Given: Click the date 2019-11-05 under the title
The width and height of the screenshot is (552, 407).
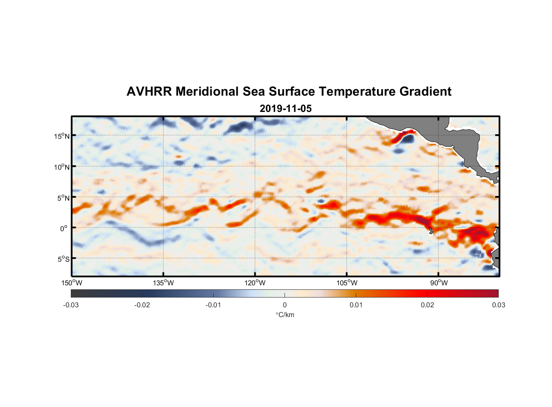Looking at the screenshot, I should point(285,109).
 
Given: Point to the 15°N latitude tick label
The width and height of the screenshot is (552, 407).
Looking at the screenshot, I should point(61,136).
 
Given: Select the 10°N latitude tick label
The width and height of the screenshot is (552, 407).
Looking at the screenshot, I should point(61,167).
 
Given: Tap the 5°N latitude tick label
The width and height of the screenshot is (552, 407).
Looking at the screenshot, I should point(63,198).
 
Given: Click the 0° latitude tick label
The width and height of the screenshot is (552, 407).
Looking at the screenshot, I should point(64,228).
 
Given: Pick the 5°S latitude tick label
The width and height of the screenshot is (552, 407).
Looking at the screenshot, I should point(63,259).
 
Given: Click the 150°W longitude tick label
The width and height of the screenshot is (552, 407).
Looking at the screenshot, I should point(72,283).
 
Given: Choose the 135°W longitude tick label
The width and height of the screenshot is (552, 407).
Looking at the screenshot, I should point(164,283).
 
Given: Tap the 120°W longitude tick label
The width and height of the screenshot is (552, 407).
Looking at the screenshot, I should point(255,283).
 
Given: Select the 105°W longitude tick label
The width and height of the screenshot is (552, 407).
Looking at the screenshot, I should point(347,283).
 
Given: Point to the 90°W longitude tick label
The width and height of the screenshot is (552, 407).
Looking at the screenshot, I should point(439,283).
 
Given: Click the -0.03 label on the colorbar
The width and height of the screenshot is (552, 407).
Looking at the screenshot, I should point(71,305).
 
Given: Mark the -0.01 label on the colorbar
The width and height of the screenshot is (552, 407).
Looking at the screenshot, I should point(213,305).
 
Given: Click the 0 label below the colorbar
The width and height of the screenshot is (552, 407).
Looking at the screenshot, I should point(285,305).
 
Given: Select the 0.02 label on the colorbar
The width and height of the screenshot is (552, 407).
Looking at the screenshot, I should point(427,305).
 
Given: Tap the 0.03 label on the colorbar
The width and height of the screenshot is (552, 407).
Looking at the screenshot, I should point(498,305).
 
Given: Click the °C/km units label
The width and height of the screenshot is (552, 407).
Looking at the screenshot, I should point(285,315).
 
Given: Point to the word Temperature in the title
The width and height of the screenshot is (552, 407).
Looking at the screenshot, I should point(357,92).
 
